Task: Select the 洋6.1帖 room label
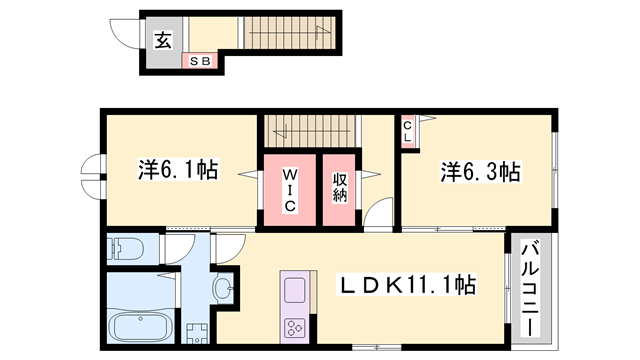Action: point(178,171)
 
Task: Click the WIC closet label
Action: point(288,188)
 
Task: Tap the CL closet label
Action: point(410,130)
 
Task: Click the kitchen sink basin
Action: point(296,291)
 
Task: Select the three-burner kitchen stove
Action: point(296,327)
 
